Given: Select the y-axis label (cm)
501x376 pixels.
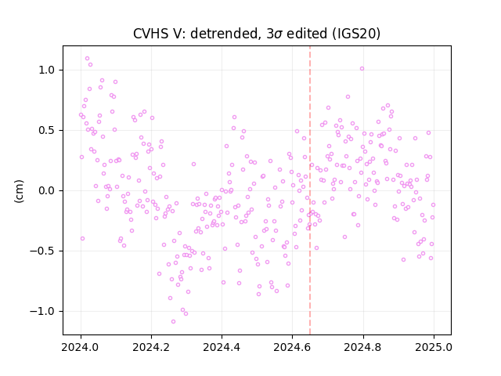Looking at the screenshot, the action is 19,191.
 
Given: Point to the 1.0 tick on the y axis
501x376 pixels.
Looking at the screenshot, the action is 47,70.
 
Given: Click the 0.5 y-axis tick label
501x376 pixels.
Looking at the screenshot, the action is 47,131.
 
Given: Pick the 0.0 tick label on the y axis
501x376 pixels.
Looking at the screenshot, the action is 47,191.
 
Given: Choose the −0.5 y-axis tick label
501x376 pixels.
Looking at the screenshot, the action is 43,251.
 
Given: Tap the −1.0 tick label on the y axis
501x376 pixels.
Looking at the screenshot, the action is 43,312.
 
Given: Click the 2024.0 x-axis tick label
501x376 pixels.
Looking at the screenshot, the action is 81,347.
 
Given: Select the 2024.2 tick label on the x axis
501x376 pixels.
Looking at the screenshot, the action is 151,347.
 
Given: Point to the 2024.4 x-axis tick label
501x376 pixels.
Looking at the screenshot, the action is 222,347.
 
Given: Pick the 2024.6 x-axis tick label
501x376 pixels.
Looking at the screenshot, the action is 292,347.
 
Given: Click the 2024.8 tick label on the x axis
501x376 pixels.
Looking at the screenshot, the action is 363,347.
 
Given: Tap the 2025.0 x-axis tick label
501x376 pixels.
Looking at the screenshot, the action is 434,347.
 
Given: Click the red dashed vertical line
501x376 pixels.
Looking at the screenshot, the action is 310,190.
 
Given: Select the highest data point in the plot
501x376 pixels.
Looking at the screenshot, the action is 87,59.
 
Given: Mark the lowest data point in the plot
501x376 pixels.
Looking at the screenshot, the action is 173,322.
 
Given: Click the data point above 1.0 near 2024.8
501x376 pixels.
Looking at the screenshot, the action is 362,69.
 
